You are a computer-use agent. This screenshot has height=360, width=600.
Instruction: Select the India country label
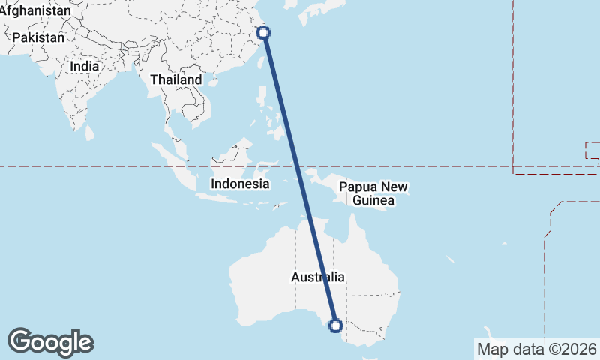[84, 66]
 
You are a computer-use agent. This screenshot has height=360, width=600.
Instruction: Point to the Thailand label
[175, 79]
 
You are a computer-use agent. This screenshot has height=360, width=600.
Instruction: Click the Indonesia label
[240, 183]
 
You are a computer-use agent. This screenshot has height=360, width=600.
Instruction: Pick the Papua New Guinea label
[373, 193]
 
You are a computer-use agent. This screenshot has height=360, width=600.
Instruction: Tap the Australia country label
[318, 277]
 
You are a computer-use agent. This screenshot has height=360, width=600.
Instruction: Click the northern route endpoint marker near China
[263, 32]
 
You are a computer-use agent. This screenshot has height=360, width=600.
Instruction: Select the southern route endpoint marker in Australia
[335, 325]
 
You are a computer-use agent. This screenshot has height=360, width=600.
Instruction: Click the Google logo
[50, 342]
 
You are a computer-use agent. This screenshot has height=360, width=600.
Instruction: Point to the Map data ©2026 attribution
[537, 349]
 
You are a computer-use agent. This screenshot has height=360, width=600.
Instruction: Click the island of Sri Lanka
[90, 133]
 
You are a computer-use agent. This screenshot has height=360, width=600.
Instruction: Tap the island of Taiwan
[262, 64]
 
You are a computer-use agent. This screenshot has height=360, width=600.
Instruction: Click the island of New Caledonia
[452, 259]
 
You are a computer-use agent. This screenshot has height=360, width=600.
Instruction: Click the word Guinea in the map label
[373, 201]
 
